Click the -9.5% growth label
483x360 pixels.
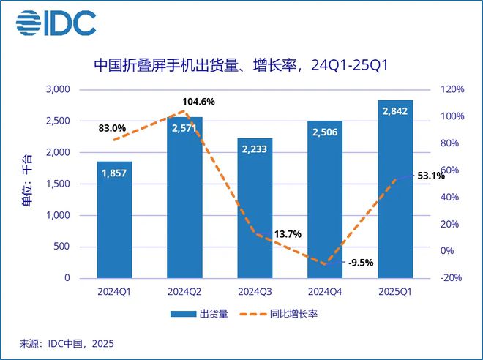pos(361,262)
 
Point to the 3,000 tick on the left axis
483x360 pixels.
pos(58,90)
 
